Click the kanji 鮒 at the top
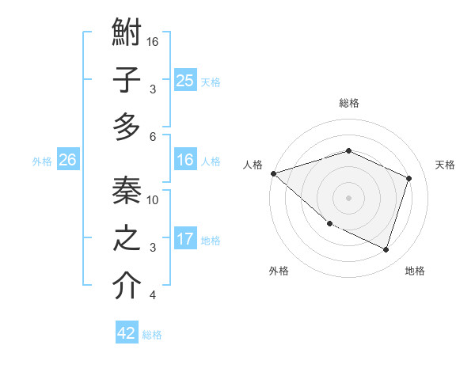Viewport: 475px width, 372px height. coord(127,34)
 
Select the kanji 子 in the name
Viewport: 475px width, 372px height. coord(127,80)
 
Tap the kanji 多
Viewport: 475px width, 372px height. coord(127,127)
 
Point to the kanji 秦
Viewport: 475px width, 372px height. coord(127,191)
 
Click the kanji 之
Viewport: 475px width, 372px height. coord(127,238)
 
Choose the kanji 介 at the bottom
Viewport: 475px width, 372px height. coord(127,286)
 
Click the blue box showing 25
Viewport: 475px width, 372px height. coord(184,81)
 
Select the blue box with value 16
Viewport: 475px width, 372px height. coord(184,160)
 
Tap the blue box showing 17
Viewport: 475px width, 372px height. coord(184,239)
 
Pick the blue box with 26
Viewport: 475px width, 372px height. coord(67,160)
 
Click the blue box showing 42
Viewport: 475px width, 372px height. coord(127,333)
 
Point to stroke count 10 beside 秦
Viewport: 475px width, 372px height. coord(154,200)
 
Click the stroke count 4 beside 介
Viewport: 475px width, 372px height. coord(154,296)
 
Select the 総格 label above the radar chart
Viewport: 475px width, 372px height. coord(349,103)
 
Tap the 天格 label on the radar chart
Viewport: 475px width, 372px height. coord(446,165)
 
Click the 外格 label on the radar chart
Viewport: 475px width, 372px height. coord(279,271)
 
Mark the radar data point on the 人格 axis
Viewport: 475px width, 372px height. coord(273,173)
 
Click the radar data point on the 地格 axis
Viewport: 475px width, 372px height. coord(386,250)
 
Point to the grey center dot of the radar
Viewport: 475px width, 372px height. coord(348,198)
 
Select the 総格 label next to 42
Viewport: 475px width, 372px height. coord(152,334)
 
